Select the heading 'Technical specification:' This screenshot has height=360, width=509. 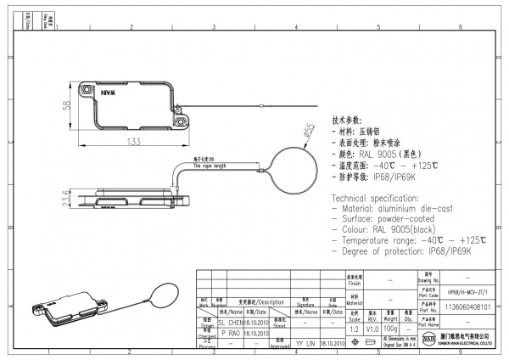point(378,198)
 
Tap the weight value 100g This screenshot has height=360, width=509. point(391,326)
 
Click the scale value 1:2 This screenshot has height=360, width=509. point(354,327)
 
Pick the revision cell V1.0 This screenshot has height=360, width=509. point(372,327)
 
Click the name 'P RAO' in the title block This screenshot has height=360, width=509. point(232,334)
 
